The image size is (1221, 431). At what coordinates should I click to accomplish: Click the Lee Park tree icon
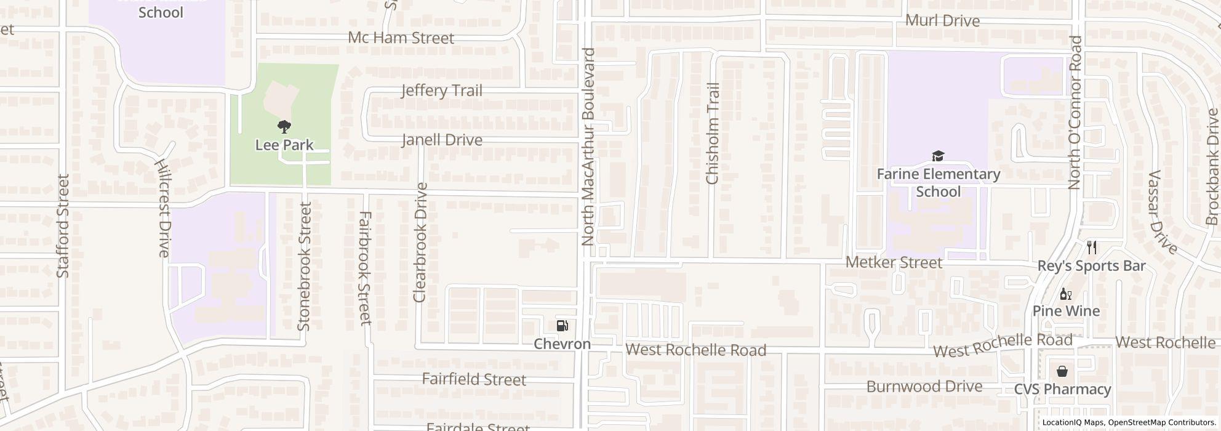[284, 127]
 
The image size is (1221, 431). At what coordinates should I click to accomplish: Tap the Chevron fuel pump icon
[562, 326]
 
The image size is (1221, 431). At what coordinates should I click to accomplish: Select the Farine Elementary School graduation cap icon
[938, 156]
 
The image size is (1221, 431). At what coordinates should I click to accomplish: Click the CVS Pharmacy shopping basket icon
[1062, 371]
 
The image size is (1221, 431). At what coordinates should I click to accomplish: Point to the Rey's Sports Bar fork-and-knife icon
[1092, 248]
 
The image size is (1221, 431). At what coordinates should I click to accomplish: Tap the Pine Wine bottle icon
[1066, 294]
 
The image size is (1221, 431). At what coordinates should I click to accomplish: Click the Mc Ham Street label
[401, 38]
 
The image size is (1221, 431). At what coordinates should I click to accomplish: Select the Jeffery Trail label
[441, 91]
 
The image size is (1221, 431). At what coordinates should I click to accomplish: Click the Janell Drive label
[442, 140]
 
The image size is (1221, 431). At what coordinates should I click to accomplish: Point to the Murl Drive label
[942, 20]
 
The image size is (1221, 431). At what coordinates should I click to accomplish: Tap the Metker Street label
[894, 262]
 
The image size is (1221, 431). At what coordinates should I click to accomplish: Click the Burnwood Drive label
[924, 387]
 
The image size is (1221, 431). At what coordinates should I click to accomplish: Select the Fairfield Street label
[474, 379]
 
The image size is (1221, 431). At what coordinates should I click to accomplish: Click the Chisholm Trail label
[713, 134]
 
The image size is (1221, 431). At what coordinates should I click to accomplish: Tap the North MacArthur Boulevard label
[588, 147]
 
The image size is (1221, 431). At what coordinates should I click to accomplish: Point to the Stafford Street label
[63, 225]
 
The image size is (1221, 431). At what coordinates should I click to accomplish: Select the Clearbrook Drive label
[420, 242]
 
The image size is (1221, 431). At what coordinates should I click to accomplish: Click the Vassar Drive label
[1162, 212]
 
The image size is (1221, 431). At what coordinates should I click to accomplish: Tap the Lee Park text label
[284, 145]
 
